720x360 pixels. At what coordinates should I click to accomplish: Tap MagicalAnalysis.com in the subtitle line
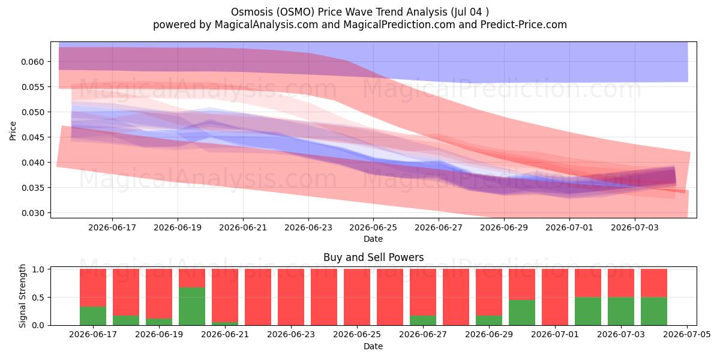(x=266, y=25)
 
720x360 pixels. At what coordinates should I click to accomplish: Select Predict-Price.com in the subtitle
(x=524, y=25)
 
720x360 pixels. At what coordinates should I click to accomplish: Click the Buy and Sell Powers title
(x=373, y=257)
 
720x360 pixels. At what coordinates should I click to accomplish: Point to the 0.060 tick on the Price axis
(x=32, y=62)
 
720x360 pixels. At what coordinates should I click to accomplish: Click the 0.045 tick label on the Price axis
(x=32, y=137)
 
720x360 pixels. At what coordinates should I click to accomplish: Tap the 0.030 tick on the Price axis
(x=32, y=213)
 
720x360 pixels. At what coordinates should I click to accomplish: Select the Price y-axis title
(x=13, y=131)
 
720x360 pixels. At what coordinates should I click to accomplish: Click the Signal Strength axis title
(x=22, y=296)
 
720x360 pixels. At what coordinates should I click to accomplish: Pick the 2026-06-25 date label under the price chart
(x=373, y=227)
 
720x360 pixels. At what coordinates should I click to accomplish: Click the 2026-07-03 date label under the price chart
(x=635, y=227)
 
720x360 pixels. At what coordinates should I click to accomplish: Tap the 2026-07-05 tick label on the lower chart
(x=687, y=334)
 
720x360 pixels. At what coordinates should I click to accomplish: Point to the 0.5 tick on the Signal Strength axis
(x=38, y=298)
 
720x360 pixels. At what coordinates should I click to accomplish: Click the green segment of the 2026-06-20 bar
(x=192, y=307)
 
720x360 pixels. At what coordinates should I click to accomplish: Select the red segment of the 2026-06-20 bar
(x=192, y=278)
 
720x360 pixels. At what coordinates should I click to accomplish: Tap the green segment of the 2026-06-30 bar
(x=522, y=313)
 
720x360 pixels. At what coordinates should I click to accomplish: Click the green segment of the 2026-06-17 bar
(x=93, y=316)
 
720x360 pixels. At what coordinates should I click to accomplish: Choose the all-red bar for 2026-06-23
(x=291, y=297)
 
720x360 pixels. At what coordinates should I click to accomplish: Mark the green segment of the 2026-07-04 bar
(x=654, y=311)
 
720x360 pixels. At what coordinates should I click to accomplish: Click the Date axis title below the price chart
(x=373, y=239)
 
